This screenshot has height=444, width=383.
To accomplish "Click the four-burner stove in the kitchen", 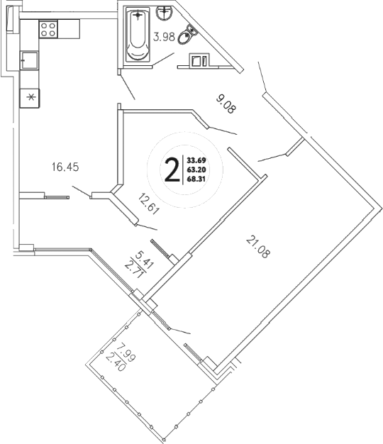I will click(x=48, y=29).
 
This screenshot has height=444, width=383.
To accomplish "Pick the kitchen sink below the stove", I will click(x=30, y=61).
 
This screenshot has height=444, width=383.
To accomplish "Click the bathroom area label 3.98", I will click(x=165, y=38).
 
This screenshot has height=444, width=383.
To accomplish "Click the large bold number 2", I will click(x=171, y=170).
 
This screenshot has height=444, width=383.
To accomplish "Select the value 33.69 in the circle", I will click(x=196, y=160).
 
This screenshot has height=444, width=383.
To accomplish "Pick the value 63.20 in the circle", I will click(x=196, y=170).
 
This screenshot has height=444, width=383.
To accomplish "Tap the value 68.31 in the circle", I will click(x=196, y=179).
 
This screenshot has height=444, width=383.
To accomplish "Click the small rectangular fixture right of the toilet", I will click(x=198, y=62).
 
